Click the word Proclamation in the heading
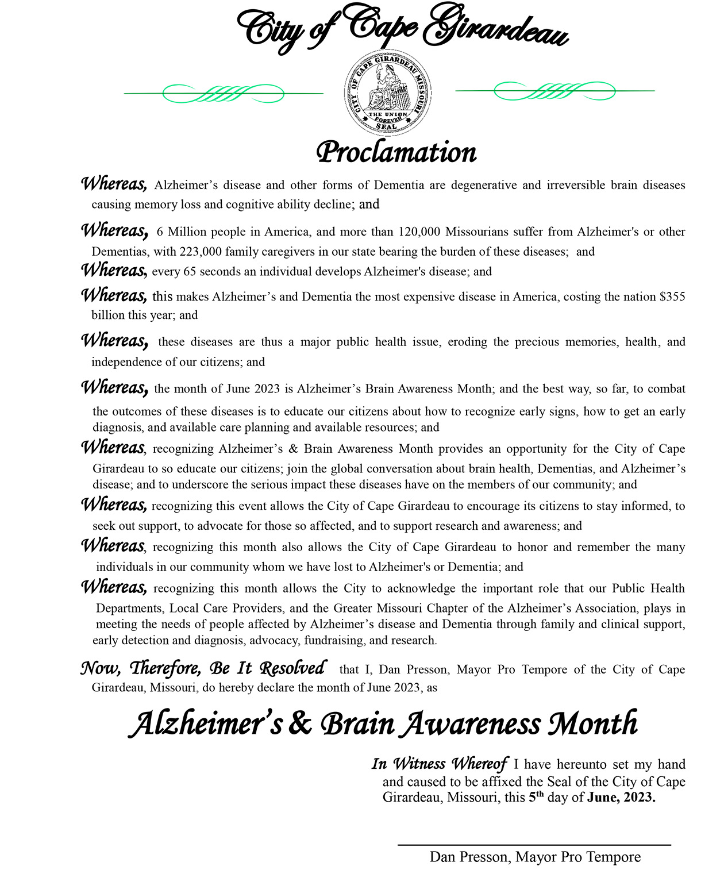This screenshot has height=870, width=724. click(396, 152)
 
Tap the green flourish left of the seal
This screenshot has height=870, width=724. click(224, 93)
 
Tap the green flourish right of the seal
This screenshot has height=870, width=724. click(554, 91)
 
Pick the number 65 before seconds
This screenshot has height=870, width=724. click(190, 272)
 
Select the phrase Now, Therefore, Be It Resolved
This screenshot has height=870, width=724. click(203, 668)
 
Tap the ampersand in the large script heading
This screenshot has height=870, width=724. click(300, 724)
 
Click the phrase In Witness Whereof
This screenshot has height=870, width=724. click(439, 764)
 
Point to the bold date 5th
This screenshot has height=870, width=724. click(536, 797)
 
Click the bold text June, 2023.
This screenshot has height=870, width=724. click(621, 798)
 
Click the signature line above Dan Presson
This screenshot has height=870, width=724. click(534, 845)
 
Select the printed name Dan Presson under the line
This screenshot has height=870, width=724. click(469, 857)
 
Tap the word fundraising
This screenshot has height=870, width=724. click(334, 641)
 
